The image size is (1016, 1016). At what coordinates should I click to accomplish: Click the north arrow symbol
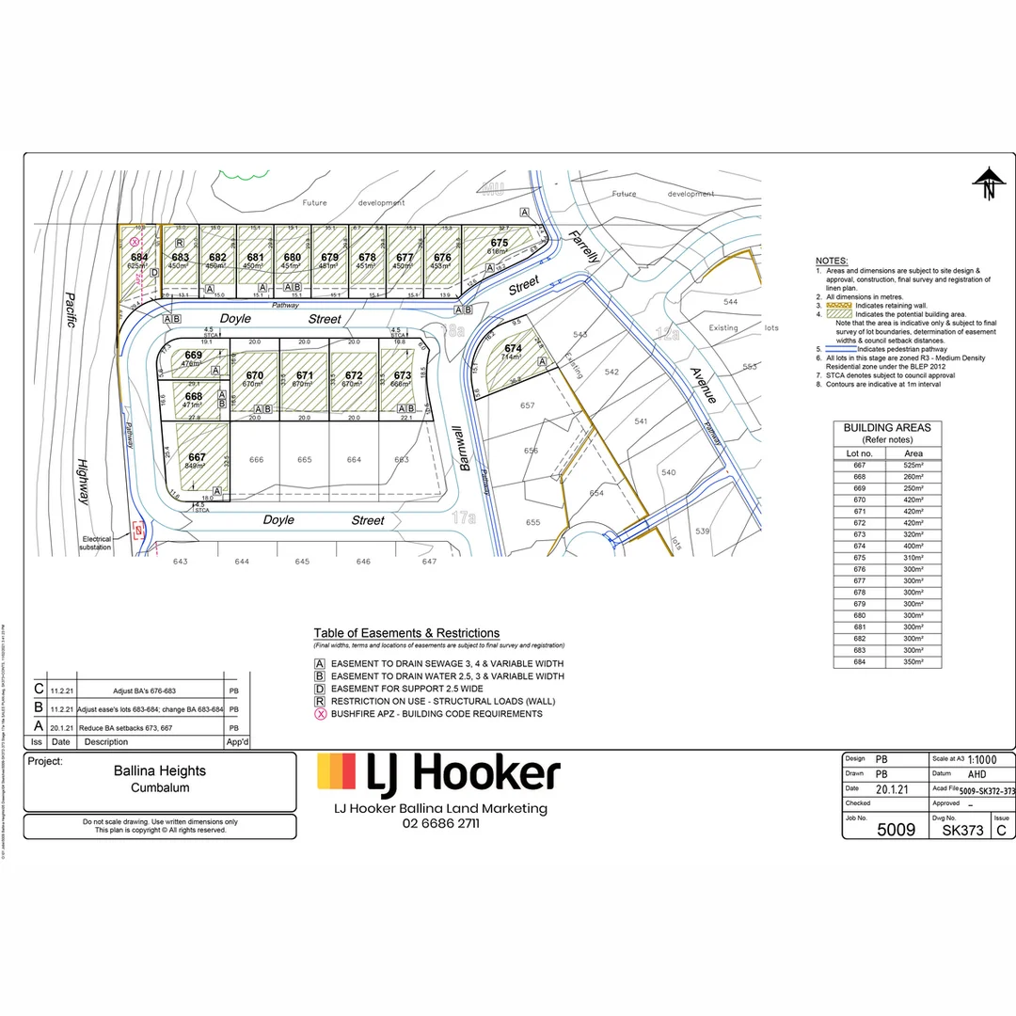[988, 183]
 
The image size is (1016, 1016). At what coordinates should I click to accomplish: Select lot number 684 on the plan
[139, 257]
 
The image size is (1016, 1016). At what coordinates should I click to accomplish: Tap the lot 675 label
[499, 243]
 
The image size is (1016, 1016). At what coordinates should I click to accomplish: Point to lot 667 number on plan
[196, 456]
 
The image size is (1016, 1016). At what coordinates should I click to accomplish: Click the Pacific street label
[70, 310]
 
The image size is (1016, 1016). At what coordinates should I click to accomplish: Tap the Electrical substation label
[95, 543]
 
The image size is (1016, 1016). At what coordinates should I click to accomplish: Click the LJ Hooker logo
[438, 773]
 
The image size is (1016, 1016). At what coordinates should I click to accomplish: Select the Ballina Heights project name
[160, 770]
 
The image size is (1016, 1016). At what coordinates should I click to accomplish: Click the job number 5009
[895, 830]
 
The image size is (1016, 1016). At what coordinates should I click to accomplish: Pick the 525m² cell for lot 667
[913, 465]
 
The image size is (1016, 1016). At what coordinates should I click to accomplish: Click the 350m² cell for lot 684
[913, 661]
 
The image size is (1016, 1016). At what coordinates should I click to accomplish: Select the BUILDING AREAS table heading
[887, 428]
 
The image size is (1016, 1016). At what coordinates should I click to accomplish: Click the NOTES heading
[831, 261]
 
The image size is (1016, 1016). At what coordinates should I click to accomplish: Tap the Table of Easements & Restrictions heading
[406, 633]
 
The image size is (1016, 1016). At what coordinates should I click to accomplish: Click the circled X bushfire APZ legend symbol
[322, 714]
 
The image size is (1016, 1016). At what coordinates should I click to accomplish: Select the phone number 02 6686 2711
[440, 823]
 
